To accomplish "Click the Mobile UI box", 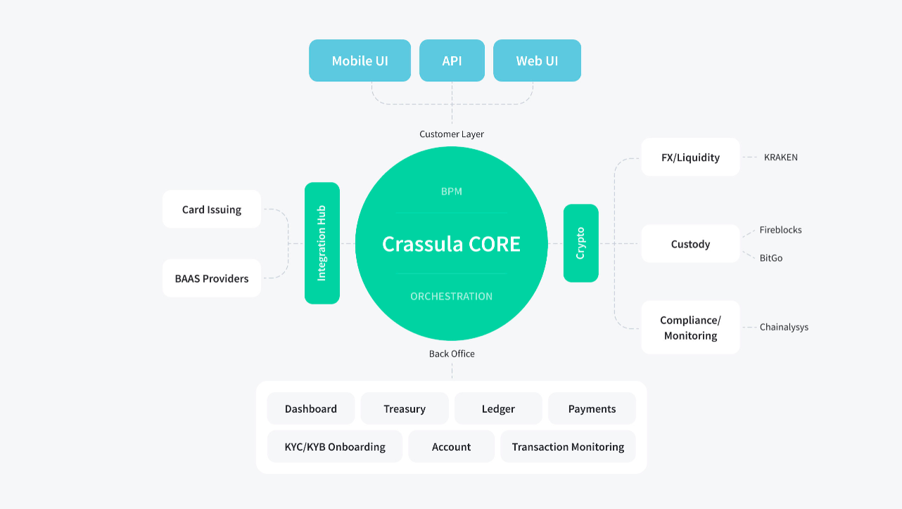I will pos(360,60).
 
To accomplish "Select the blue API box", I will pos(452,60).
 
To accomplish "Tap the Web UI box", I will pos(537,60).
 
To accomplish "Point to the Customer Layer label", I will pos(452,134).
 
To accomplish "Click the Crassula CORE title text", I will pos(451,244).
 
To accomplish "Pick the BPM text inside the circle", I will pos(451,191).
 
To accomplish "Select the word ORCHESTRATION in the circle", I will pos(451,296).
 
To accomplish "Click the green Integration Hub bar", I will pos(322,243).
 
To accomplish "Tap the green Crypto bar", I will pos(580,243).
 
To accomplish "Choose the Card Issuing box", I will pos(212,209).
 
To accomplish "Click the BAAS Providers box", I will pos(212,278).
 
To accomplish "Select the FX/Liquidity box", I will pos(690,157).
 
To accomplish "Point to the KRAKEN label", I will pos(780,157).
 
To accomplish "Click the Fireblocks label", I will pos(780,230).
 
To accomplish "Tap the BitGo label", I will pos(771,258).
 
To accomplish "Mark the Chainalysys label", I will pos(784,327).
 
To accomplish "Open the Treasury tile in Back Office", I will pos(405,408).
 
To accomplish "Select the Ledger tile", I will pos(498,408).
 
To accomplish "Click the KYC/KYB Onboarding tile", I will pos(335,446).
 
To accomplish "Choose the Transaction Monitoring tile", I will pos(568,446).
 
